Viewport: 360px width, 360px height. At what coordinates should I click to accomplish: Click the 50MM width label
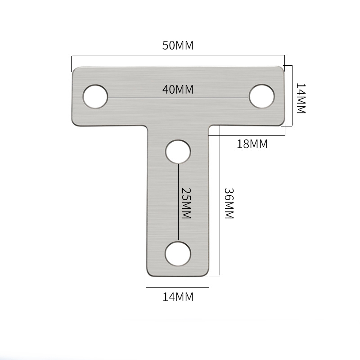point(178,45)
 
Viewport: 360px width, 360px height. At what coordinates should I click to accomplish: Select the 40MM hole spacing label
point(178,90)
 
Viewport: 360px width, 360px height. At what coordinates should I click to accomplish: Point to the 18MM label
point(252,144)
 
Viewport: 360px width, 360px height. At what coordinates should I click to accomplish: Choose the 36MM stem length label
point(229,202)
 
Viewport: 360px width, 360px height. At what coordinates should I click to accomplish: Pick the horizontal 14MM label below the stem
point(178,297)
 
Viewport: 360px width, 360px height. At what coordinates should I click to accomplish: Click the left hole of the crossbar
point(95,96)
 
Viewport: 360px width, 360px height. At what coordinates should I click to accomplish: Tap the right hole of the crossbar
point(262,96)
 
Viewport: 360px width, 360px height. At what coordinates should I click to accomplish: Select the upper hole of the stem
point(178,151)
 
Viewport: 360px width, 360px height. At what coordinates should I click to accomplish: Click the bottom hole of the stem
point(178,253)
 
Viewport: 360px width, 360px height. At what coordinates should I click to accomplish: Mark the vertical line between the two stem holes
point(179,202)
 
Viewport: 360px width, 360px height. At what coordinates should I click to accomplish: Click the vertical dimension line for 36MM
point(219,202)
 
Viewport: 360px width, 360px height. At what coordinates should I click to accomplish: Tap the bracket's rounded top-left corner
point(75,70)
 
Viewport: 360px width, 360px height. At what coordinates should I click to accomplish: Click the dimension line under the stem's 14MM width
point(178,286)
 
